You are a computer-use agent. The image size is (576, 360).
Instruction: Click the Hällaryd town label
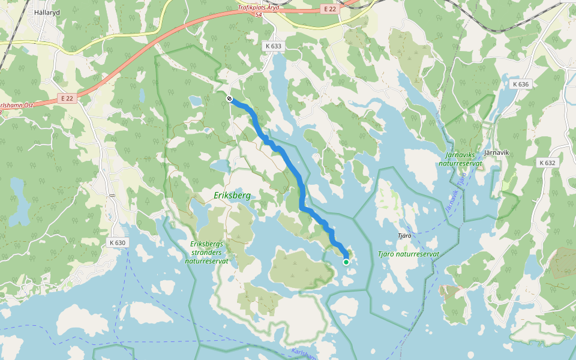pyautogui.click(x=47, y=12)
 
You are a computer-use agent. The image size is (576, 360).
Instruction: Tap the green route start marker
pyautogui.click(x=346, y=262)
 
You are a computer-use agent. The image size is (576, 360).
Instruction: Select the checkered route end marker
pyautogui.click(x=229, y=98)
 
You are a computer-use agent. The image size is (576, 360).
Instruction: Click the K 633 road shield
pyautogui.click(x=273, y=46)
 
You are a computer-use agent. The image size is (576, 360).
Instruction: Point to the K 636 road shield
pyautogui.click(x=521, y=84)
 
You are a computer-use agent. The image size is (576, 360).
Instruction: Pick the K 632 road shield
pyautogui.click(x=547, y=163)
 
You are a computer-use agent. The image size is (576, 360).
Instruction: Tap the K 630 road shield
pyautogui.click(x=118, y=242)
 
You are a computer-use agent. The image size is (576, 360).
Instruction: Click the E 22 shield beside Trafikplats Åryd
pyautogui.click(x=329, y=9)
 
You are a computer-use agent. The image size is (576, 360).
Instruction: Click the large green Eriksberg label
pyautogui.click(x=232, y=196)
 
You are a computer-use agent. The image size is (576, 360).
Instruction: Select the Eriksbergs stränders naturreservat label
pyautogui.click(x=206, y=252)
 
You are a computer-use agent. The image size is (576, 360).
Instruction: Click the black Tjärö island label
pyautogui.click(x=404, y=236)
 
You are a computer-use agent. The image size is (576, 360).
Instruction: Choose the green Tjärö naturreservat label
pyautogui.click(x=409, y=254)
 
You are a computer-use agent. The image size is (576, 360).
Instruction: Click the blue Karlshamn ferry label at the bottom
pyautogui.click(x=303, y=354)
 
